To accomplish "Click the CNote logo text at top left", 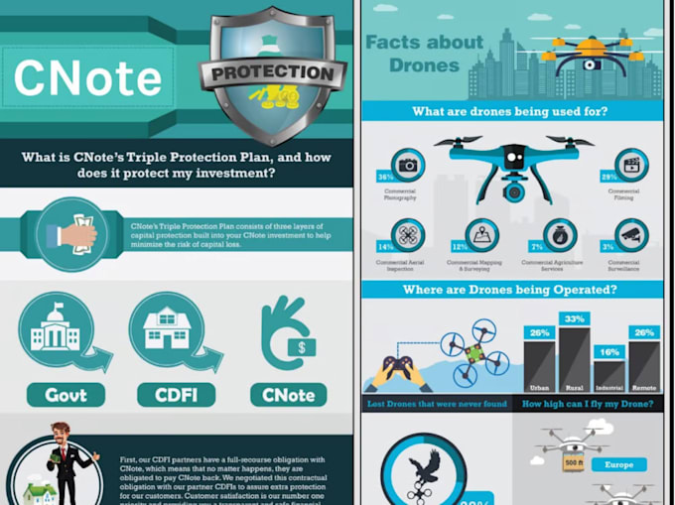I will [87, 79].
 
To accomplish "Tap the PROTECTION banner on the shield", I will [272, 73].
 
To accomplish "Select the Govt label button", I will [66, 395].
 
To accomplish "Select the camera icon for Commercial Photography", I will [408, 165].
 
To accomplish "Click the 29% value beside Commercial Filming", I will [608, 176].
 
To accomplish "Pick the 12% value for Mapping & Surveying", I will [461, 245].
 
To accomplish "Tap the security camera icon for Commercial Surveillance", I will [631, 235].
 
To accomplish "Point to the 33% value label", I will [573, 318].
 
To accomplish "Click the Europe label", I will [618, 463].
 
